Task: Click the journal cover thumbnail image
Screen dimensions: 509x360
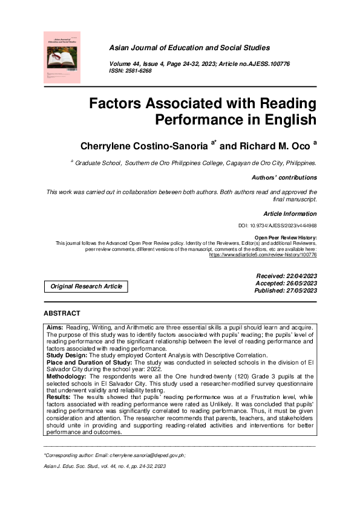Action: click(62, 57)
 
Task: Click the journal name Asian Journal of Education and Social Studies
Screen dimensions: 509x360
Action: click(189, 48)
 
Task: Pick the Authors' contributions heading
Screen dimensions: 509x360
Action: click(284, 178)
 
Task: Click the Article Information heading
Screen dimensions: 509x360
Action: click(290, 214)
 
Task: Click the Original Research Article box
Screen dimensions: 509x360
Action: click(86, 287)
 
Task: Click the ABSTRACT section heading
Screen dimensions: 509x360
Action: click(62, 313)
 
